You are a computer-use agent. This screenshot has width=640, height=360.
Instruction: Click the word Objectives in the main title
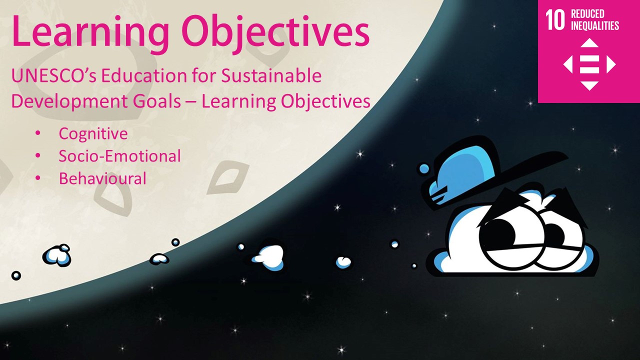pos(275,31)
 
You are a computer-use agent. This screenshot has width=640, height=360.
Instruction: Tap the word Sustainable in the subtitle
pos(271,75)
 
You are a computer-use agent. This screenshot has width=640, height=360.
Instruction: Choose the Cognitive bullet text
pos(93,134)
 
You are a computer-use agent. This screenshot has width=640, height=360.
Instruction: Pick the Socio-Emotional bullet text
pos(119,156)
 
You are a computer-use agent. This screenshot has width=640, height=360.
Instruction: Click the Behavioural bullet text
pos(102,178)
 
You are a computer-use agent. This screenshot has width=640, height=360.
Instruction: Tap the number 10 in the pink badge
pos(555,19)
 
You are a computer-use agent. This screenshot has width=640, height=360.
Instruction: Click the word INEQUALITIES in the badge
pos(595,25)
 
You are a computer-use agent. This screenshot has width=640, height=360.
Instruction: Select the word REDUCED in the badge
pos(587,13)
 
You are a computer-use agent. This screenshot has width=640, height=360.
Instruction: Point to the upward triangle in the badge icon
pos(589,43)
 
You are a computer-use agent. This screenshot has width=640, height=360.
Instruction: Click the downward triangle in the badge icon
pos(589,85)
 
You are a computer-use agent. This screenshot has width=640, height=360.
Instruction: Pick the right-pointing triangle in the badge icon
pos(610,64)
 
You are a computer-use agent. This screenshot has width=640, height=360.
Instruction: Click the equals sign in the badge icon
pos(589,64)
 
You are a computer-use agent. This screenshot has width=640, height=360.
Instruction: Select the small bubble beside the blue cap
pos(424,168)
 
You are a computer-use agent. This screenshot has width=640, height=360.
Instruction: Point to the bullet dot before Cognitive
pos(38,133)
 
